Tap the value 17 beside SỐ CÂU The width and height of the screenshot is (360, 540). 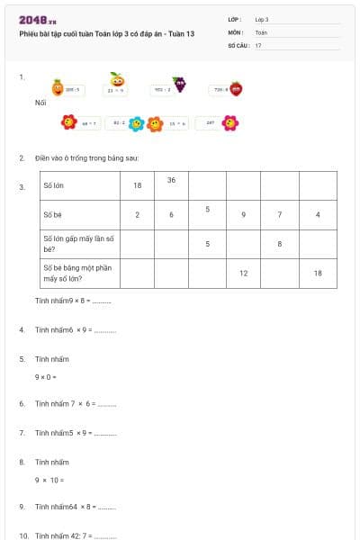(x=258, y=44)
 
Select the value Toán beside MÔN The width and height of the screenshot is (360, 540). (x=260, y=31)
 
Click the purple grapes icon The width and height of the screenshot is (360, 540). (x=180, y=85)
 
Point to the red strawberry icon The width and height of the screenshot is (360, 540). (x=236, y=88)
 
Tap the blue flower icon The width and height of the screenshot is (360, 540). (x=136, y=123)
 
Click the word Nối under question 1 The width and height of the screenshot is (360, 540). (x=40, y=103)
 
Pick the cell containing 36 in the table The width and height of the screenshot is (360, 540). (x=171, y=180)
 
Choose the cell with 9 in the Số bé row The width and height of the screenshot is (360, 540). (x=243, y=214)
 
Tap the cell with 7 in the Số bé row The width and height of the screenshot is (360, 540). (x=280, y=214)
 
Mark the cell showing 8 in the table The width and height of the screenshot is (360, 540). (x=280, y=243)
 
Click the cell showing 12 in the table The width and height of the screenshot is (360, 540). (x=243, y=273)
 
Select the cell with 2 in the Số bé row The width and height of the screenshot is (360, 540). (x=138, y=214)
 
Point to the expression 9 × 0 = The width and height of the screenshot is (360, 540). (x=46, y=376)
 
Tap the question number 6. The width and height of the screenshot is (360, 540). (x=22, y=404)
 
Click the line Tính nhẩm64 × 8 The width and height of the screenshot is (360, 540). (x=76, y=507)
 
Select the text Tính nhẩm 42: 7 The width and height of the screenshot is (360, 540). (x=76, y=535)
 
